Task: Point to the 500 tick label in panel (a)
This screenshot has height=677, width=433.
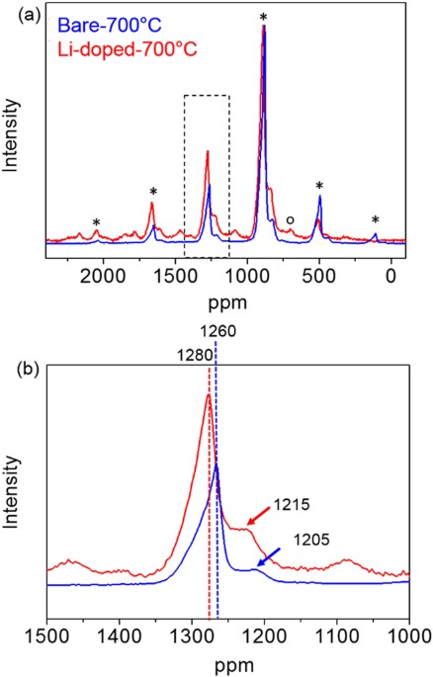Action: pos(319,276)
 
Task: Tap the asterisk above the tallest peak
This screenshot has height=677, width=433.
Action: pos(263,17)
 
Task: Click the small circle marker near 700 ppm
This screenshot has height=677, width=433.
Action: pos(290,220)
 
